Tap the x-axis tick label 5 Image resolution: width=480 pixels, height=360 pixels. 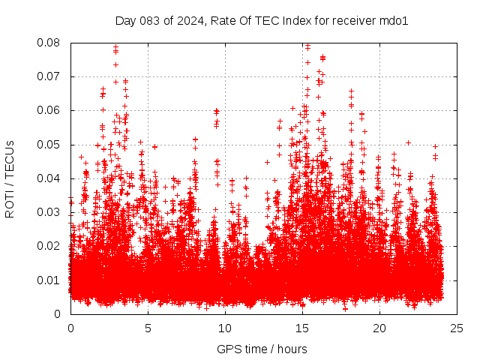click(x=148, y=328)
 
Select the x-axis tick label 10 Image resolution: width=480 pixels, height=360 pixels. click(x=226, y=328)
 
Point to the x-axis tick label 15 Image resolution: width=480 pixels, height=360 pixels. click(x=303, y=328)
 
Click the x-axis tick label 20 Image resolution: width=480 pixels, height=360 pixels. click(x=381, y=328)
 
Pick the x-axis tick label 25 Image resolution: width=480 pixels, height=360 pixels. click(x=458, y=328)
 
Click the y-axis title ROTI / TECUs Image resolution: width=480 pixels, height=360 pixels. click(x=10, y=178)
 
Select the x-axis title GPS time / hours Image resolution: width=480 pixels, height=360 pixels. click(x=262, y=349)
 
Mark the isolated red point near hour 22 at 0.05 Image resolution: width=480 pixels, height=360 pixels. click(x=409, y=142)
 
